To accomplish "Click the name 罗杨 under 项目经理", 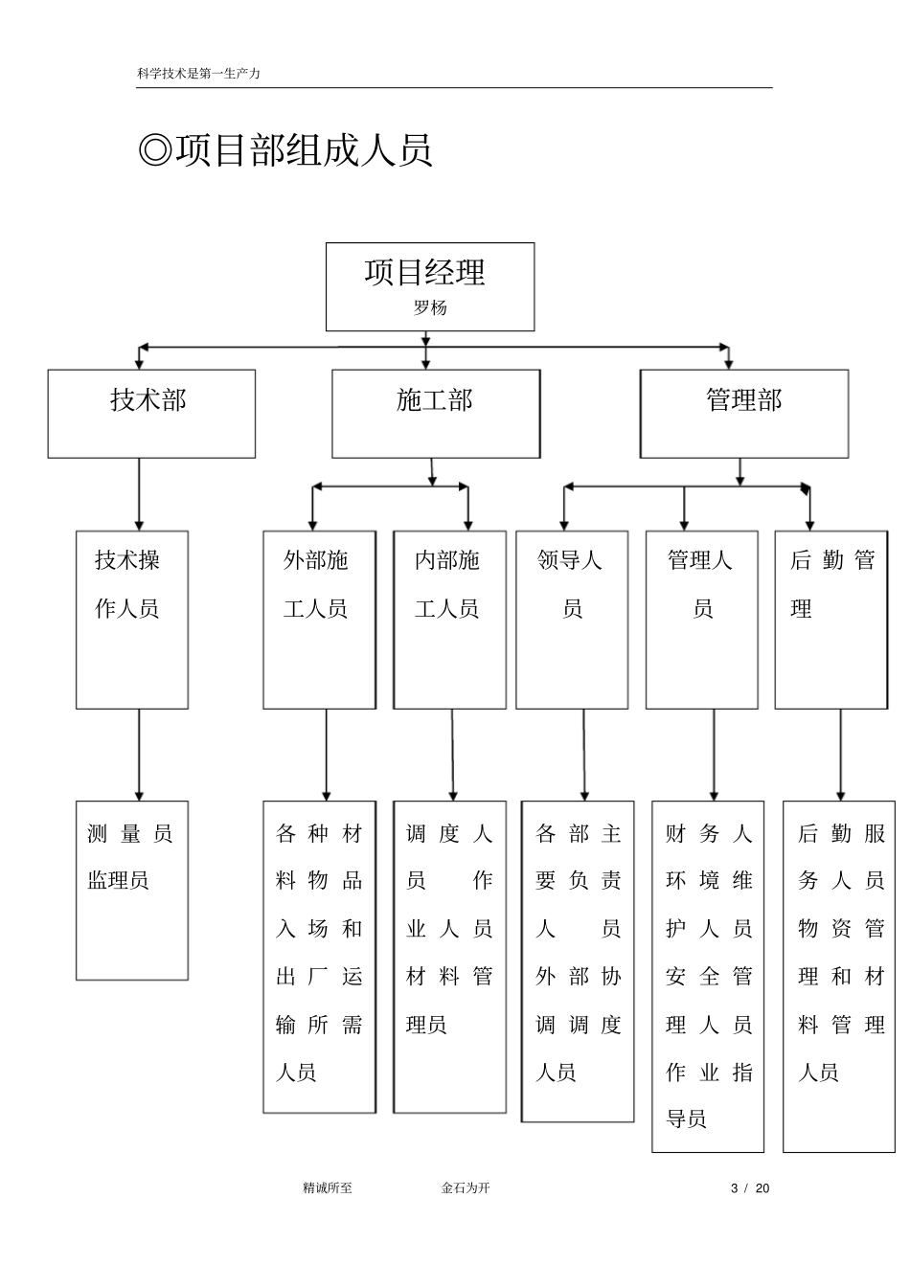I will point(430,308).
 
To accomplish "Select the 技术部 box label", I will point(148,399).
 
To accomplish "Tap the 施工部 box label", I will point(435,399).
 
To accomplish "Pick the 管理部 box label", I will point(743,399).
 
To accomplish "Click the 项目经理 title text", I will point(425,272).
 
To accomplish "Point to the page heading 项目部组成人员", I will point(285,150).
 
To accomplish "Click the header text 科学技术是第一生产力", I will point(199,73).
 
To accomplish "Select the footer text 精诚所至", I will point(328,1188).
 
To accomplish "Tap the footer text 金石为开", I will point(466,1188).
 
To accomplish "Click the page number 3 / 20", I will point(750,1188).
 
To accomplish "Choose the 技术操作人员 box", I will point(132,620).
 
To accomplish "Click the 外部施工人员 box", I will point(319,620).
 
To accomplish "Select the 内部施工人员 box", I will point(449,620).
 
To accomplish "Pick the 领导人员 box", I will point(572,620).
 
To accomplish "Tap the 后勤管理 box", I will point(830,620).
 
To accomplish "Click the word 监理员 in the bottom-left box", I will point(119,880).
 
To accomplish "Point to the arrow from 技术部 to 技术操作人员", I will point(139,493).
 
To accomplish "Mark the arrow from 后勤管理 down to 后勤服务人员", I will point(841,755).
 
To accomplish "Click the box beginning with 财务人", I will point(708,976).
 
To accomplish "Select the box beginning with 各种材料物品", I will point(319,957).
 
